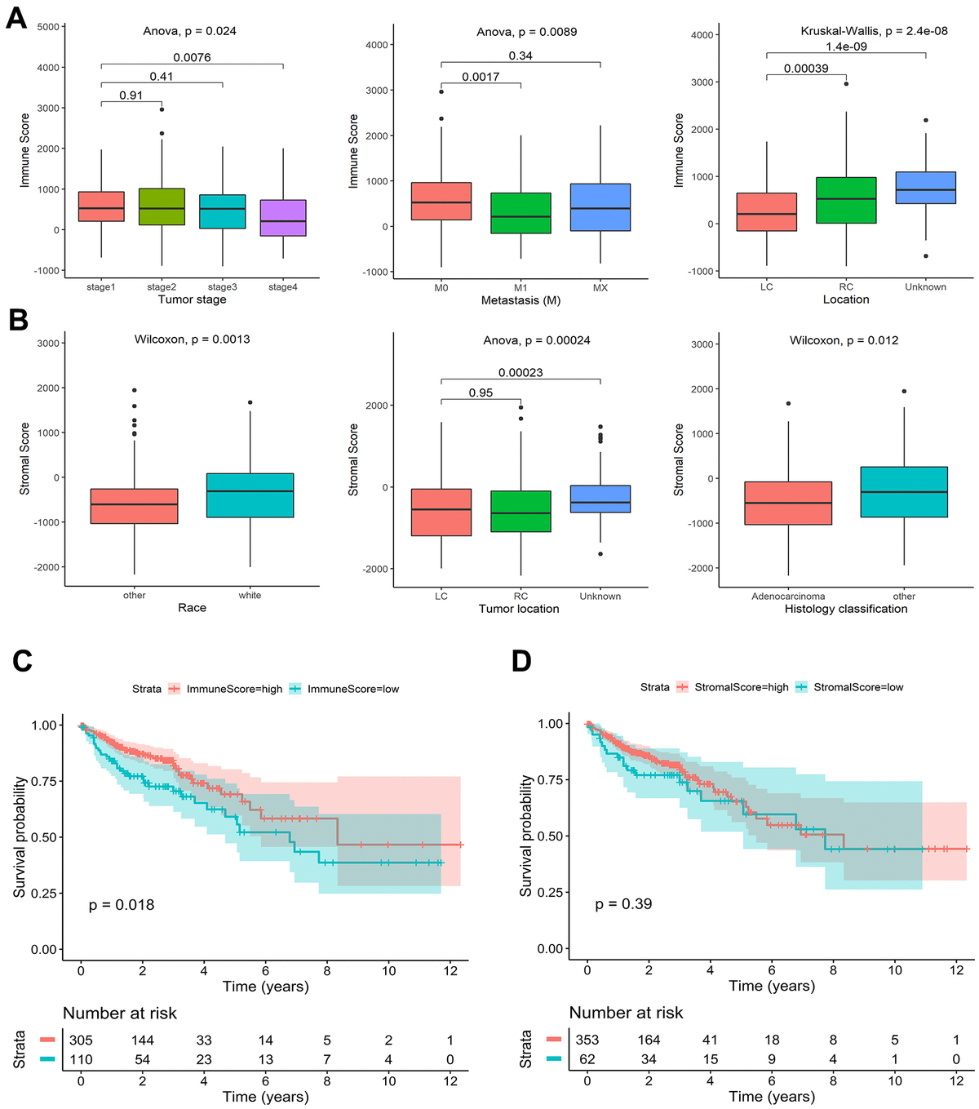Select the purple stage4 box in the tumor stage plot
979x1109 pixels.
click(x=283, y=218)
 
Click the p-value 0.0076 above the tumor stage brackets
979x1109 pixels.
click(x=192, y=57)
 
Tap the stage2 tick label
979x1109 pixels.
click(x=162, y=287)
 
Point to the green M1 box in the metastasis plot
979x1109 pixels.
click(x=521, y=213)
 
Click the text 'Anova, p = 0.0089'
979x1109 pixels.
click(x=526, y=32)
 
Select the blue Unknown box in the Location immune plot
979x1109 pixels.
click(x=925, y=188)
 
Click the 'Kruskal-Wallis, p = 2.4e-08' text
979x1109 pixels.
click(x=874, y=31)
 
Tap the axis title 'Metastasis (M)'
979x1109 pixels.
click(x=521, y=300)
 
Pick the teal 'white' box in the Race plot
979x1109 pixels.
click(x=250, y=495)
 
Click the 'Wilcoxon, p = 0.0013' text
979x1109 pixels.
click(x=192, y=339)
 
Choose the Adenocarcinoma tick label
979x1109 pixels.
click(x=788, y=597)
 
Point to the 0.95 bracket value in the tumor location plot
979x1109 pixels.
click(x=481, y=393)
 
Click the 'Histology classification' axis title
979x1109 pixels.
click(x=845, y=609)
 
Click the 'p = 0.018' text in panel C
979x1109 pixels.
click(x=122, y=904)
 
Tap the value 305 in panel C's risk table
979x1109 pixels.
click(x=81, y=1040)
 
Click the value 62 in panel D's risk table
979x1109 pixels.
click(x=587, y=1059)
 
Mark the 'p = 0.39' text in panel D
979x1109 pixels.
click(x=623, y=903)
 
